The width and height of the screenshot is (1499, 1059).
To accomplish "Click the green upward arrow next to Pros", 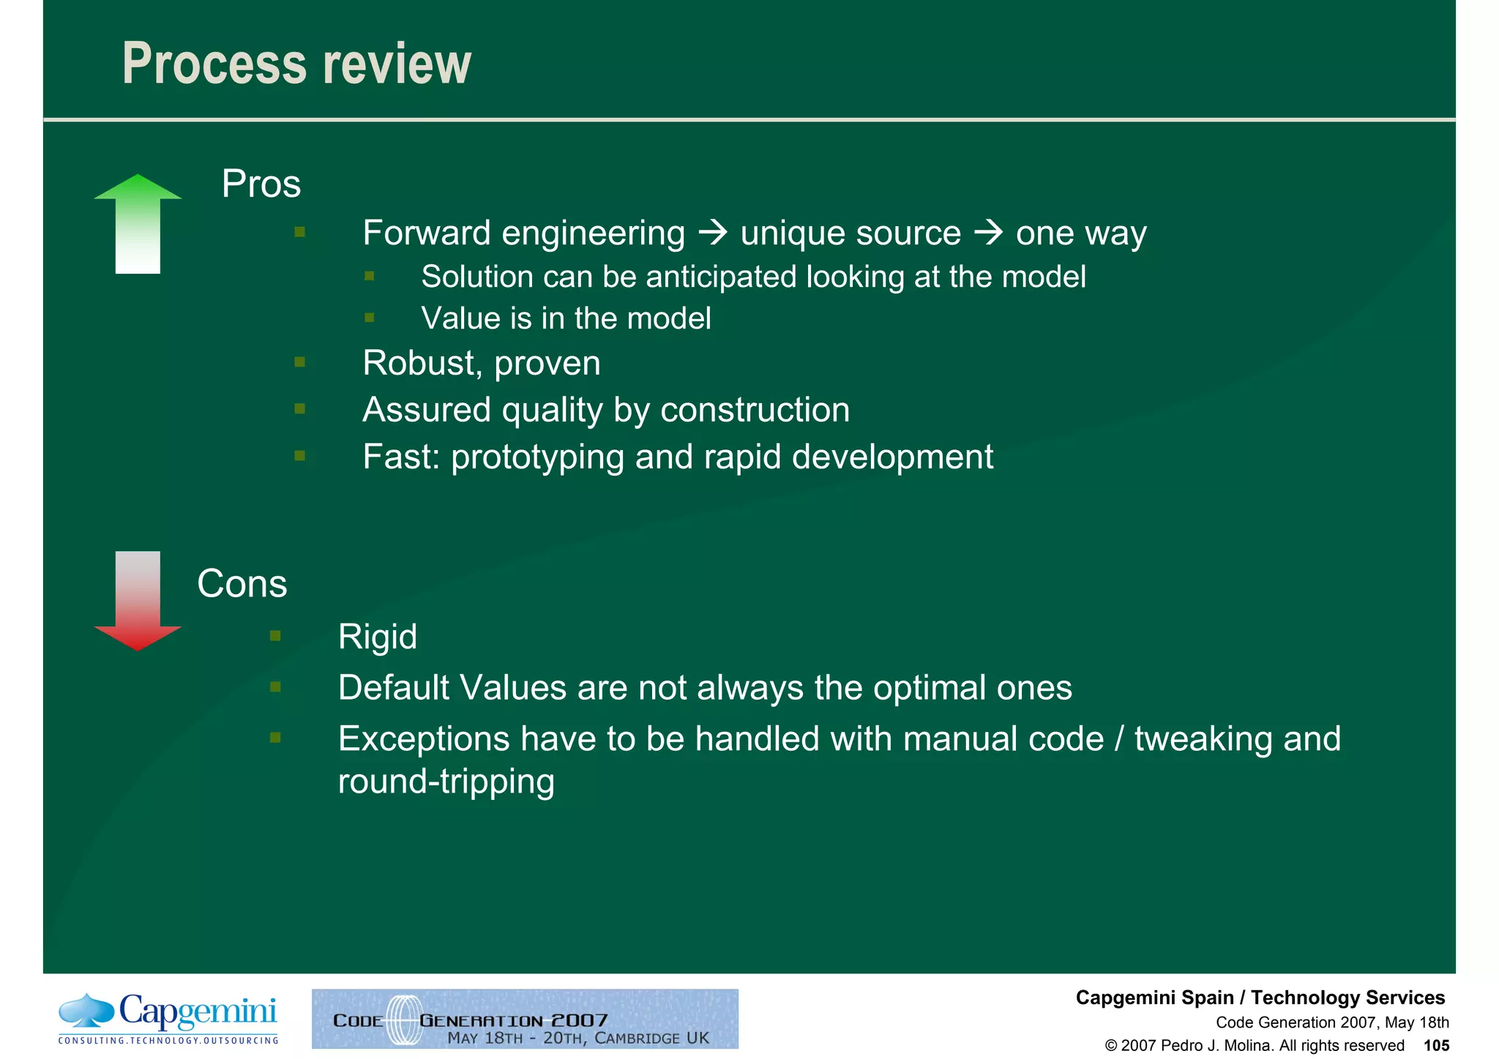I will coord(138,223).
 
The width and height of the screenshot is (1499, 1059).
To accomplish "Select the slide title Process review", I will coord(296,64).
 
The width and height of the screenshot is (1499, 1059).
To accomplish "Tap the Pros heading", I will coord(261,184).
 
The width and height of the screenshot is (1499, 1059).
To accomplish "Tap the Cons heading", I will coord(242,584).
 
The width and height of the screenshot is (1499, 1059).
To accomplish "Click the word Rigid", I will coord(377,637).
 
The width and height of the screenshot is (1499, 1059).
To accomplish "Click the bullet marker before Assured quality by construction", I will coord(299,409).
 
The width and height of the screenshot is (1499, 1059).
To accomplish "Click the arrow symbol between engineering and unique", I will coord(712,233).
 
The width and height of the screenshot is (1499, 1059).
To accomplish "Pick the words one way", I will coord(1080,233).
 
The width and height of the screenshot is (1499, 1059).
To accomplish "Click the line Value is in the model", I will coord(566,318).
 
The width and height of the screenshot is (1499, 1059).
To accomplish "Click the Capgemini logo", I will coord(168,1018).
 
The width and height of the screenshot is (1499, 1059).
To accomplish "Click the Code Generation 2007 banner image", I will coord(525,1019).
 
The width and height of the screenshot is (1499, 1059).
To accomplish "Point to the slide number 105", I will coord(1436,1045).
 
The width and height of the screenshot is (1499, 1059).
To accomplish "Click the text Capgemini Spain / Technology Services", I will coord(1260,998).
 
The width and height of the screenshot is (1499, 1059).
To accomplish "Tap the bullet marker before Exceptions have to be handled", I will coord(275,738).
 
